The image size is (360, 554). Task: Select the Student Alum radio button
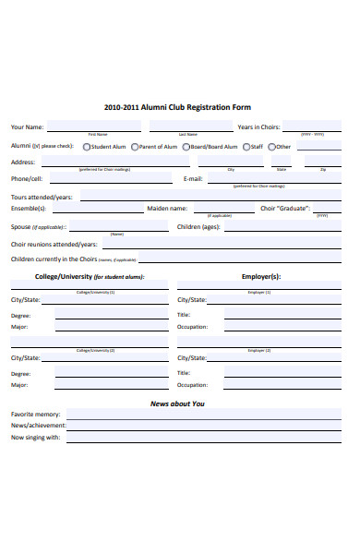click(x=87, y=146)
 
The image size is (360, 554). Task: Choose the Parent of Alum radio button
click(x=135, y=146)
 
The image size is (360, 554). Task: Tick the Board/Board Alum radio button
click(x=186, y=146)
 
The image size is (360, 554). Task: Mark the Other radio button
click(x=271, y=146)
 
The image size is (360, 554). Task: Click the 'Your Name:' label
click(x=27, y=126)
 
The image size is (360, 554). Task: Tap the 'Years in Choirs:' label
click(x=258, y=126)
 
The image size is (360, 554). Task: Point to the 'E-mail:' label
click(x=193, y=178)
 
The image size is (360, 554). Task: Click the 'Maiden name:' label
click(x=167, y=209)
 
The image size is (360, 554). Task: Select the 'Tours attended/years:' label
click(x=42, y=198)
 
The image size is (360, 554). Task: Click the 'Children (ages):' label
click(x=198, y=226)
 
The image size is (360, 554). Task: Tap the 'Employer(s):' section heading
click(x=261, y=276)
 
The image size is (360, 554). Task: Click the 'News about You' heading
click(x=178, y=403)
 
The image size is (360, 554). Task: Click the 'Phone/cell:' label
click(x=27, y=178)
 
